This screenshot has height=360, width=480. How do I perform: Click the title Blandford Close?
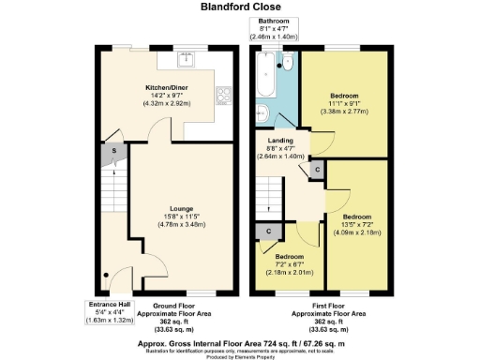pos(239,7)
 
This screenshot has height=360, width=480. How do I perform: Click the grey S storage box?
pos(114,150)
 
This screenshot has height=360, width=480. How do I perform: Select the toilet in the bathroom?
pos(288,63)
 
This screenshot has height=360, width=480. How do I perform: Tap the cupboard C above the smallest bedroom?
pos(269,230)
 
